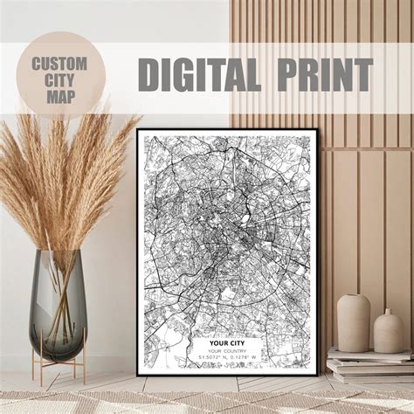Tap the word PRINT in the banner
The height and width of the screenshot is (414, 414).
(321, 75)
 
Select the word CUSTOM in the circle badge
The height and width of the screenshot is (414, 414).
(59, 63)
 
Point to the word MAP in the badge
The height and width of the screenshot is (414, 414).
(59, 95)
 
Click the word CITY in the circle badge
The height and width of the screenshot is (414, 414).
(59, 79)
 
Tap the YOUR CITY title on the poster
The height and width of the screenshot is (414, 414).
(227, 343)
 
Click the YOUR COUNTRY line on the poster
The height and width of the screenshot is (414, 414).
(227, 351)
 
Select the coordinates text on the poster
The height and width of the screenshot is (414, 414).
(227, 358)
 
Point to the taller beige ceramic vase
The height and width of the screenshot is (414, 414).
(354, 322)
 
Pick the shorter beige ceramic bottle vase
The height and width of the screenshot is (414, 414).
(389, 332)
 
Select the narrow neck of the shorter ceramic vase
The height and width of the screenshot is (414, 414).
(389, 313)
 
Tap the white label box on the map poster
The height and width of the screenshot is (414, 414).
(227, 350)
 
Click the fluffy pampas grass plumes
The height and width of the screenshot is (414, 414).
(61, 175)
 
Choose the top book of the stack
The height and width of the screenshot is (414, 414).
(367, 353)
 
